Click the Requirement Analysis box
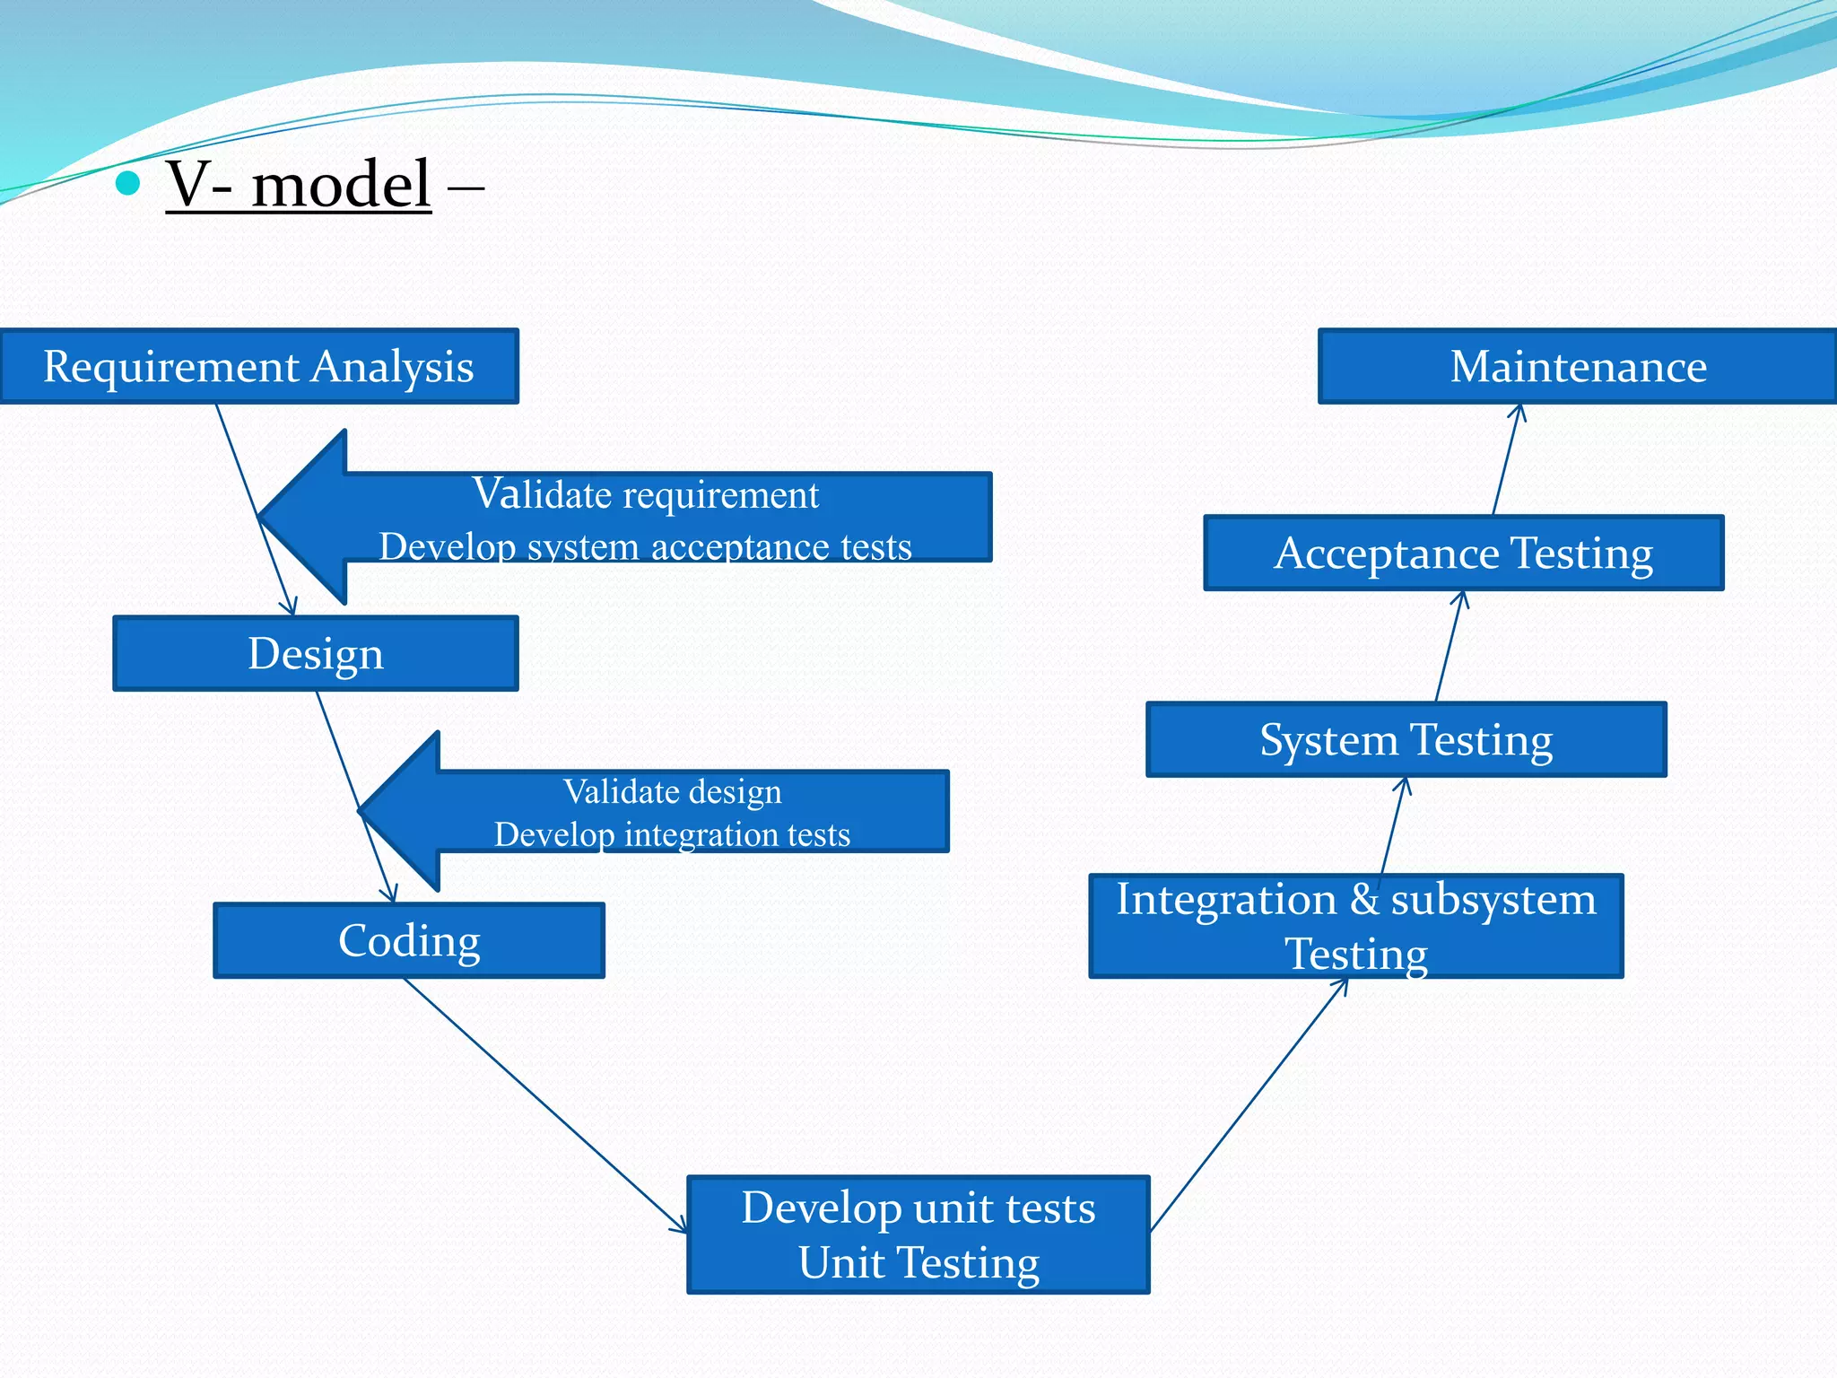258,366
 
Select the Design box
316,653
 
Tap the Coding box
409,940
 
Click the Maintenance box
1578,366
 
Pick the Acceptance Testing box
1463,553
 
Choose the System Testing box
1406,739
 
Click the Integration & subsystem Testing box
1355,926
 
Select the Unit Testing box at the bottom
918,1234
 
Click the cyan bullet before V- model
129,183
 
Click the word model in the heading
341,185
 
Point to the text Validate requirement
645,494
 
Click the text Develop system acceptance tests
645,546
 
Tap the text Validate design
672,791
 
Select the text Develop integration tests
672,834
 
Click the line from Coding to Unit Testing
544,1104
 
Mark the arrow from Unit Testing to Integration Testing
1249,1104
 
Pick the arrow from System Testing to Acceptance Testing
1449,646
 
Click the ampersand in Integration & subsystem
1364,899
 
